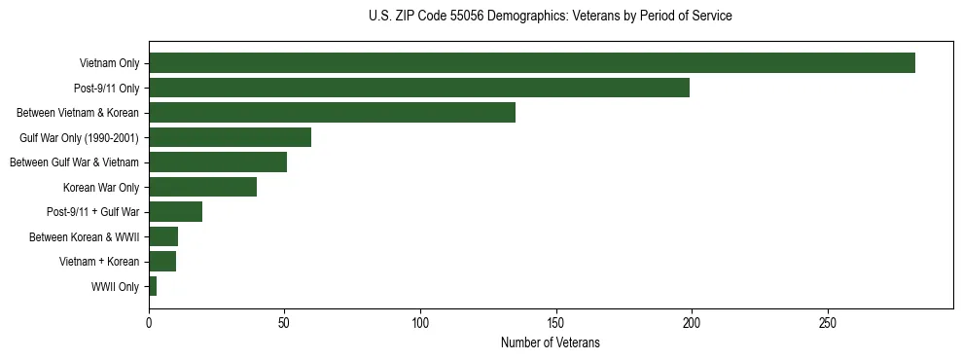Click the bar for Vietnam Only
pyautogui.click(x=532, y=63)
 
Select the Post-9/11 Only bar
pyautogui.click(x=419, y=89)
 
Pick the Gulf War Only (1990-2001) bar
pyautogui.click(x=230, y=138)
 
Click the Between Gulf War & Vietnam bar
pyautogui.click(x=218, y=162)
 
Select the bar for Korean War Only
pyautogui.click(x=202, y=188)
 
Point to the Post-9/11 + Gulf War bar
pyautogui.click(x=175, y=212)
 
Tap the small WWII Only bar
pyautogui.click(x=153, y=287)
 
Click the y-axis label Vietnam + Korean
pyautogui.click(x=102, y=262)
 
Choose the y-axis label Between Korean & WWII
pyautogui.click(x=85, y=237)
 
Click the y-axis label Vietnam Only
pyautogui.click(x=109, y=64)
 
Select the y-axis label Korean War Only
pyautogui.click(x=101, y=188)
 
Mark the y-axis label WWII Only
pyautogui.click(x=115, y=287)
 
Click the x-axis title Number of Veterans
pyautogui.click(x=550, y=343)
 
